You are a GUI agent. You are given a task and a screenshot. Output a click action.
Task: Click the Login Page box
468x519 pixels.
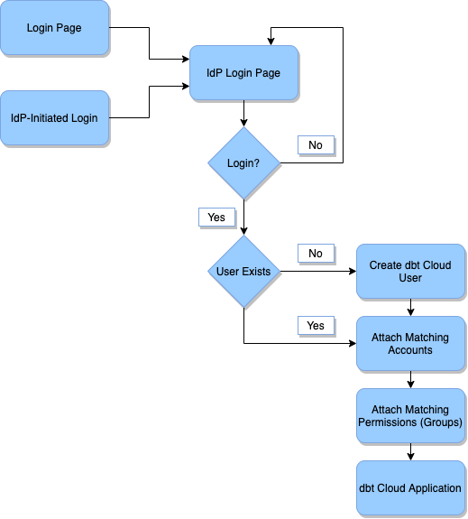point(54,28)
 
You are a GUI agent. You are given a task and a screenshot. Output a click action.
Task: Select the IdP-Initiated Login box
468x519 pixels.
point(54,118)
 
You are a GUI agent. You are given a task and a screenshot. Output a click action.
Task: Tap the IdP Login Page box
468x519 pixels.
point(243,72)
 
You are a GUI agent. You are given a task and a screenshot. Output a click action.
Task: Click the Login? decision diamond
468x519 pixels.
point(243,163)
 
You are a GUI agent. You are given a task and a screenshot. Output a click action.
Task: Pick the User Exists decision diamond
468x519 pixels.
point(243,272)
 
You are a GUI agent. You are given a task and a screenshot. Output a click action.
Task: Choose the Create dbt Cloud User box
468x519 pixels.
point(410,272)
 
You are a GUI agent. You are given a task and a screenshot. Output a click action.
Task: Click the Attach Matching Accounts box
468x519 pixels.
point(410,343)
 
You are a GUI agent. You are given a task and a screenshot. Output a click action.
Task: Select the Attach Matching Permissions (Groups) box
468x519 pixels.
point(410,416)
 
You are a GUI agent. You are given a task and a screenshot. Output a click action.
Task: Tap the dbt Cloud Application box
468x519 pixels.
point(410,488)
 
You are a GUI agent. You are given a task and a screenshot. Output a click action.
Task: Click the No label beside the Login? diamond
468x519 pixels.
point(316,144)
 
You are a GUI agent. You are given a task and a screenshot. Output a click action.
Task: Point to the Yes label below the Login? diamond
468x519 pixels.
point(216,218)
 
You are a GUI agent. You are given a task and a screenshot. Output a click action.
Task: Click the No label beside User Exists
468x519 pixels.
point(316,254)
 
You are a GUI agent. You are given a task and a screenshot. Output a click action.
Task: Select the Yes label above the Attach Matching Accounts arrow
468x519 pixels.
point(316,325)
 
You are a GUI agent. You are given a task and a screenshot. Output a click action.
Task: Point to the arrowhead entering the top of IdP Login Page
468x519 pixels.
point(271,41)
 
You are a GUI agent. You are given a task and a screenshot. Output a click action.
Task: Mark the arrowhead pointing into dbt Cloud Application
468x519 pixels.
point(410,457)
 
